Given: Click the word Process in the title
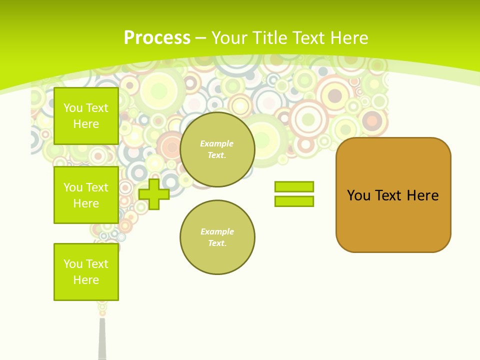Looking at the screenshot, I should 157,38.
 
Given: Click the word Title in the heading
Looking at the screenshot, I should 270,38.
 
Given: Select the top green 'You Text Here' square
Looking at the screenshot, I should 86,116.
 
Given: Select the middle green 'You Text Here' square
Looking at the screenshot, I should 86,195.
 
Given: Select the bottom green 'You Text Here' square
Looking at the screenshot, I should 86,272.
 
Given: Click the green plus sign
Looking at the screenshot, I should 154,194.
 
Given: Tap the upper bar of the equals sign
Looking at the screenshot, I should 294,186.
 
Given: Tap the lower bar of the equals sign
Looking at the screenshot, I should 294,201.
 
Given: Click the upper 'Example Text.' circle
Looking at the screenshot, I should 217,149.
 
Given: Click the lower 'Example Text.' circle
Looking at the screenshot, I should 217,237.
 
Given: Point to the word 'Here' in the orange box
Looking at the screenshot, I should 422,195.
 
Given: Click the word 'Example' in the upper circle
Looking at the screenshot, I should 216,143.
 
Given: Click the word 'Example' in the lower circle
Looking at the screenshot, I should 216,231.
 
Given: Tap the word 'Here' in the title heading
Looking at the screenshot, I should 348,38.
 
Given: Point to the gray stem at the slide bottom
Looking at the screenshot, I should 102,340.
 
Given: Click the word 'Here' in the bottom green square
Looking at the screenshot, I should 86,280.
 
